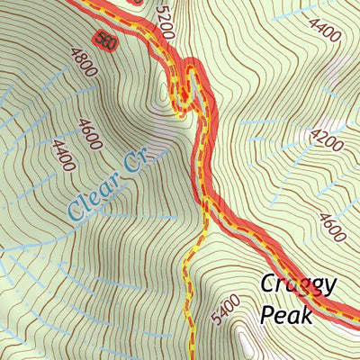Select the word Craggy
tap(299, 286)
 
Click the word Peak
tap(286, 315)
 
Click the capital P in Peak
tap(267, 315)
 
